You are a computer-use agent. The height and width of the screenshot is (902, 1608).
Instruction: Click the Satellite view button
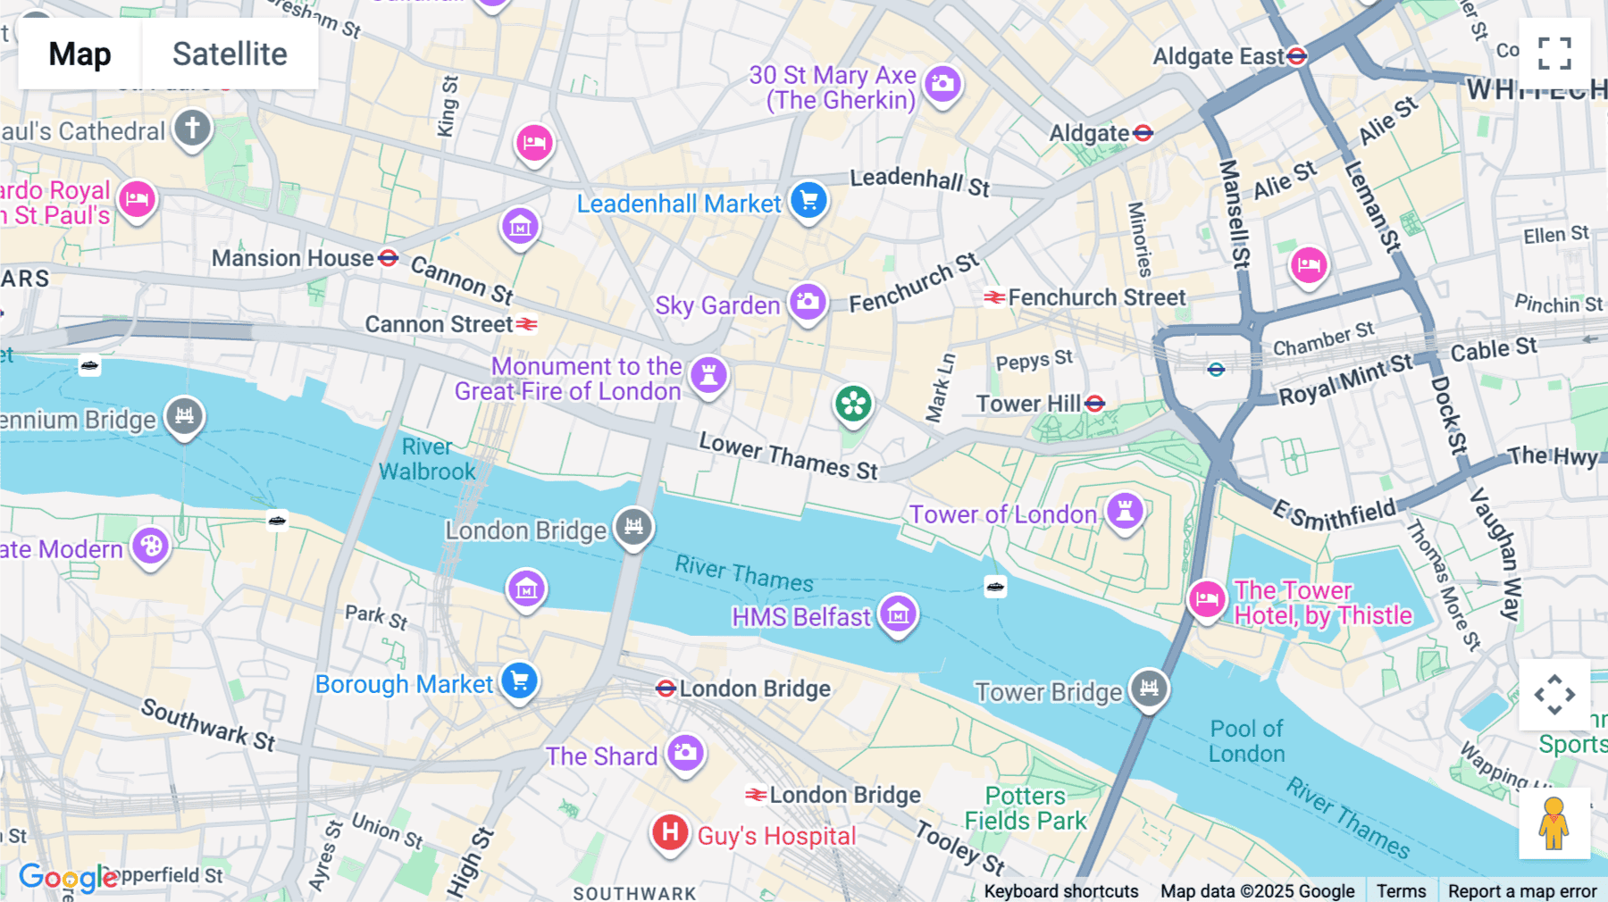pyautogui.click(x=230, y=54)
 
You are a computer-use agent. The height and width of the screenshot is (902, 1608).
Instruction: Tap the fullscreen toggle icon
pyautogui.click(x=1554, y=54)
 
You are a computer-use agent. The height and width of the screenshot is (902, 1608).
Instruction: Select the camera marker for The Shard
pyautogui.click(x=685, y=753)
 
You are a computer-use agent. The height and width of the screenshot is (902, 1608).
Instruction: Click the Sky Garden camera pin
pyautogui.click(x=808, y=302)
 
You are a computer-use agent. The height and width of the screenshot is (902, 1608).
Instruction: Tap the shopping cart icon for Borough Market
pyautogui.click(x=519, y=681)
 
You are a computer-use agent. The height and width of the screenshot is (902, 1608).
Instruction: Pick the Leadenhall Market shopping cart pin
pyautogui.click(x=808, y=200)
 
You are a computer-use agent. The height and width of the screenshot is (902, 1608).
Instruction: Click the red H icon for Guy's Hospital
pyautogui.click(x=670, y=833)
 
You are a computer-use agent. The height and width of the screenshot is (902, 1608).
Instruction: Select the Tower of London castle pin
pyautogui.click(x=1125, y=511)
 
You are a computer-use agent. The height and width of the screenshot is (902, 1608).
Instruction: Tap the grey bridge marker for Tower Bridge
pyautogui.click(x=1149, y=689)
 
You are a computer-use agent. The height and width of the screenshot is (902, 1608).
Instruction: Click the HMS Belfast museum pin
pyautogui.click(x=898, y=614)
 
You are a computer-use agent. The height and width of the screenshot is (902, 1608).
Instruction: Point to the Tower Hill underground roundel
pyautogui.click(x=1095, y=404)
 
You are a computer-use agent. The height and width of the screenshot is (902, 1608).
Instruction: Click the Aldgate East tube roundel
pyautogui.click(x=1297, y=56)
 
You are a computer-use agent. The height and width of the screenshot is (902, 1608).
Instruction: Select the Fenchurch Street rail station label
pyautogui.click(x=1096, y=297)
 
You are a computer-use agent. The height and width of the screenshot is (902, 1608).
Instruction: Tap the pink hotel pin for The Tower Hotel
pyautogui.click(x=1206, y=598)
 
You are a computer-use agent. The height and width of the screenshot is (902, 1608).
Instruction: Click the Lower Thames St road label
pyautogui.click(x=788, y=456)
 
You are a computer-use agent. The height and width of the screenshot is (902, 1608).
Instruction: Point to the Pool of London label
pyautogui.click(x=1246, y=741)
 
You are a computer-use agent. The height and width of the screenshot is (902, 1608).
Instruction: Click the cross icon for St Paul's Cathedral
pyautogui.click(x=192, y=128)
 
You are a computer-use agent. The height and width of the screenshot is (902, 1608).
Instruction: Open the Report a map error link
pyautogui.click(x=1521, y=891)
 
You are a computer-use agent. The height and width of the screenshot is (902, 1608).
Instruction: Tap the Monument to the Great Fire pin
pyautogui.click(x=708, y=374)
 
